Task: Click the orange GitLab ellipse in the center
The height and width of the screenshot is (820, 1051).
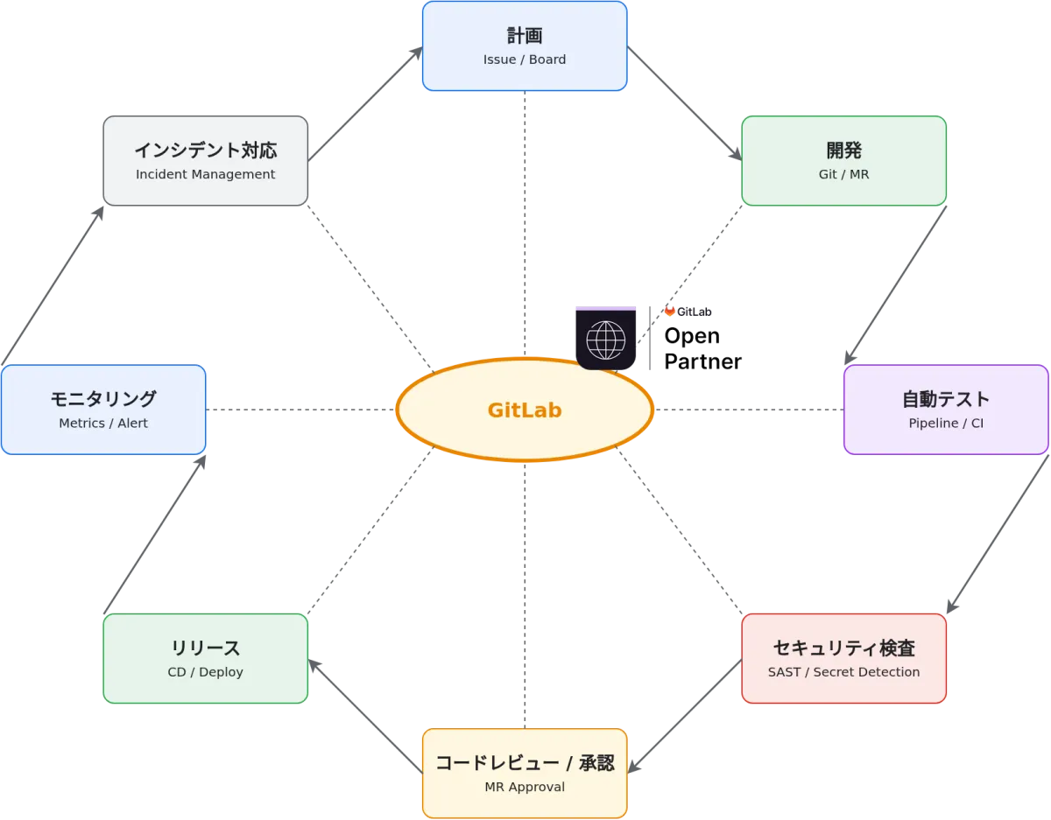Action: [525, 410]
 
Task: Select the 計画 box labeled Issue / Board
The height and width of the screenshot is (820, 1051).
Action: [525, 46]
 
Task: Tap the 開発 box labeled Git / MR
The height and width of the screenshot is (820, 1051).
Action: [843, 161]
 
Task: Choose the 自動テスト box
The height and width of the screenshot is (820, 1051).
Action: [946, 410]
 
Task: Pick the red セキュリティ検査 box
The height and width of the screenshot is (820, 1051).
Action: [843, 658]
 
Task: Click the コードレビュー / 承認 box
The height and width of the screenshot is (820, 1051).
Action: [525, 774]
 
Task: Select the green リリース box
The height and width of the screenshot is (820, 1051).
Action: [205, 658]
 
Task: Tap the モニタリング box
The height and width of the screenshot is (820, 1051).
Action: [103, 410]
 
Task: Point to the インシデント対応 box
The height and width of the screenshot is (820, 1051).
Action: [205, 161]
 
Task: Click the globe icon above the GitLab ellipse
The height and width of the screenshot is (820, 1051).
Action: [606, 340]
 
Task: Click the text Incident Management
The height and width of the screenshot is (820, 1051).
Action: [205, 174]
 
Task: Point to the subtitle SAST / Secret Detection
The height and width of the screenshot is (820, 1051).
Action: [843, 672]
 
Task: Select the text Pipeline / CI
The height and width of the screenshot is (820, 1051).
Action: [946, 424]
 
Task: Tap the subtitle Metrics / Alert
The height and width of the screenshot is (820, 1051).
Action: [103, 424]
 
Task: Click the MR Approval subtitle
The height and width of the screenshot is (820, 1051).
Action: [525, 787]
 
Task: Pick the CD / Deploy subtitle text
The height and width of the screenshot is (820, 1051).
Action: [205, 672]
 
